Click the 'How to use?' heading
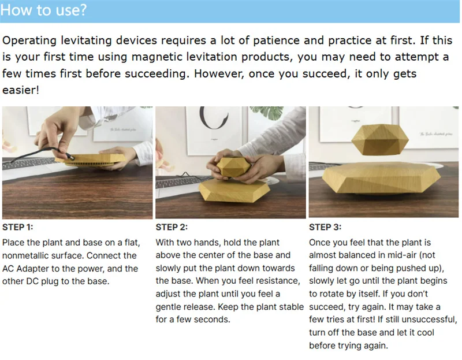[44, 10]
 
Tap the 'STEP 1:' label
[18, 227]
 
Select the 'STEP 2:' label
[172, 227]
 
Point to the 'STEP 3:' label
[325, 227]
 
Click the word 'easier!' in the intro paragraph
[21, 90]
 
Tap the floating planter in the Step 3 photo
[380, 139]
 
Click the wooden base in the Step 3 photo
[382, 179]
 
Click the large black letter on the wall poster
[213, 118]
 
